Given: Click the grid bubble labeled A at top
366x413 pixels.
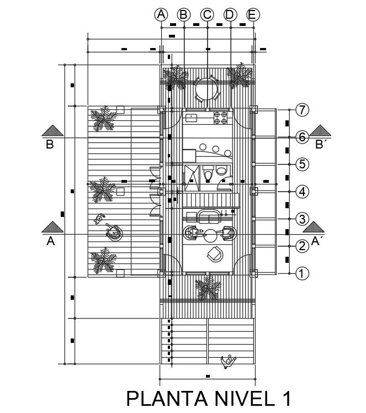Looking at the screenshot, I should (x=161, y=15).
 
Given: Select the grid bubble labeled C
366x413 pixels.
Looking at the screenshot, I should (x=207, y=15).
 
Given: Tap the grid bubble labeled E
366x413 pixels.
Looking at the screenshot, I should (x=252, y=15).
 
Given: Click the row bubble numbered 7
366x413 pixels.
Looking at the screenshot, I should (x=301, y=110).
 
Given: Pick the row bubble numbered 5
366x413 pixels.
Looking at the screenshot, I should (x=301, y=164).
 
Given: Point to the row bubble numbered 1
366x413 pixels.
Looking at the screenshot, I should (x=301, y=273).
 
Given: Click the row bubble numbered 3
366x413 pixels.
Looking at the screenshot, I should (x=301, y=219).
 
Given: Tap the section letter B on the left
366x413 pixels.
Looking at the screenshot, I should (x=50, y=146).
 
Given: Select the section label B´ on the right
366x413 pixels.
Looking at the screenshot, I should (x=319, y=146).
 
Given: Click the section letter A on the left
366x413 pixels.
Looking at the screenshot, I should (x=51, y=241).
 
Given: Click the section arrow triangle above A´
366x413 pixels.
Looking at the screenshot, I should (x=316, y=227).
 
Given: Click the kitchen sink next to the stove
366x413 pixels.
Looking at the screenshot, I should (x=192, y=117).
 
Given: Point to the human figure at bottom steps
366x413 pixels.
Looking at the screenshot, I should (x=227, y=361).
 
